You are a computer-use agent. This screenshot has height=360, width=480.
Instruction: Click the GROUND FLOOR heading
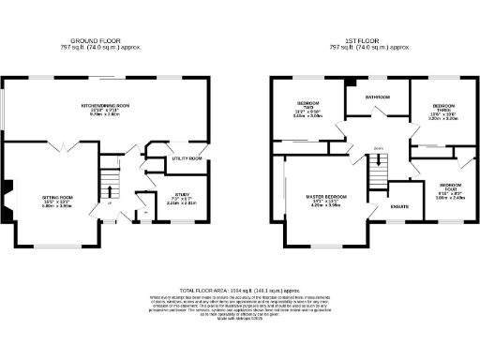97,40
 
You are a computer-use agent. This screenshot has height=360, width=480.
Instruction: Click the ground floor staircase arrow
111,187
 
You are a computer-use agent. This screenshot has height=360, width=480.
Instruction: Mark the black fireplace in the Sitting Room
7,200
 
